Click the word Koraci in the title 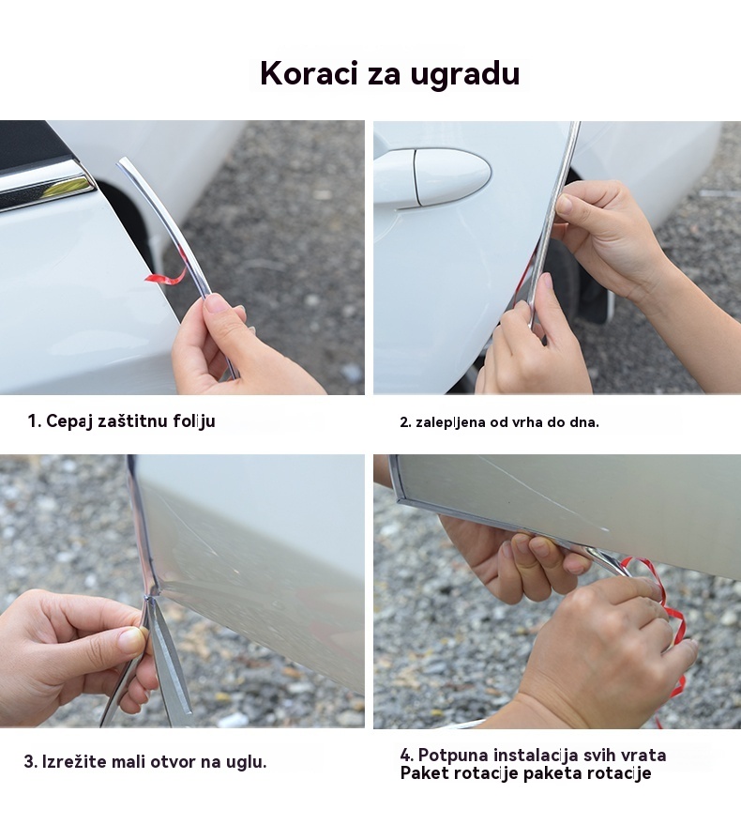pos(309,73)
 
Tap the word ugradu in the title pos(464,74)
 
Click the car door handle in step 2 pos(432,178)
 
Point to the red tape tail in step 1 pos(165,277)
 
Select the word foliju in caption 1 pos(194,421)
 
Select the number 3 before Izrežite pos(29,762)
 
